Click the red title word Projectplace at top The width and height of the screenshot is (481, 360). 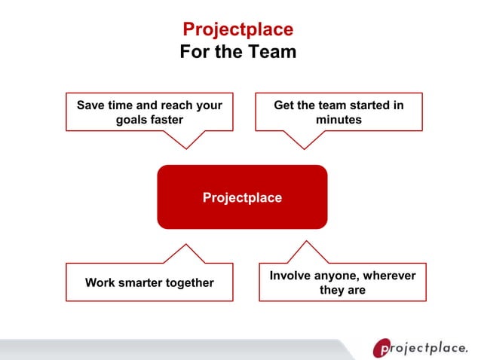click(238, 29)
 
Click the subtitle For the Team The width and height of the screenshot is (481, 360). click(238, 52)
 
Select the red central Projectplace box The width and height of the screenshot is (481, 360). click(242, 197)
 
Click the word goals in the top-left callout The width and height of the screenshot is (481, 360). click(132, 120)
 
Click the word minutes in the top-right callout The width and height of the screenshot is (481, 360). click(339, 120)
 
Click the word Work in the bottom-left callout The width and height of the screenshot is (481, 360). click(100, 283)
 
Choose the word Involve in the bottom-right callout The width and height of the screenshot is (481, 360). click(290, 276)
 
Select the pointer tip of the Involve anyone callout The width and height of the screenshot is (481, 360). click(305, 242)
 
